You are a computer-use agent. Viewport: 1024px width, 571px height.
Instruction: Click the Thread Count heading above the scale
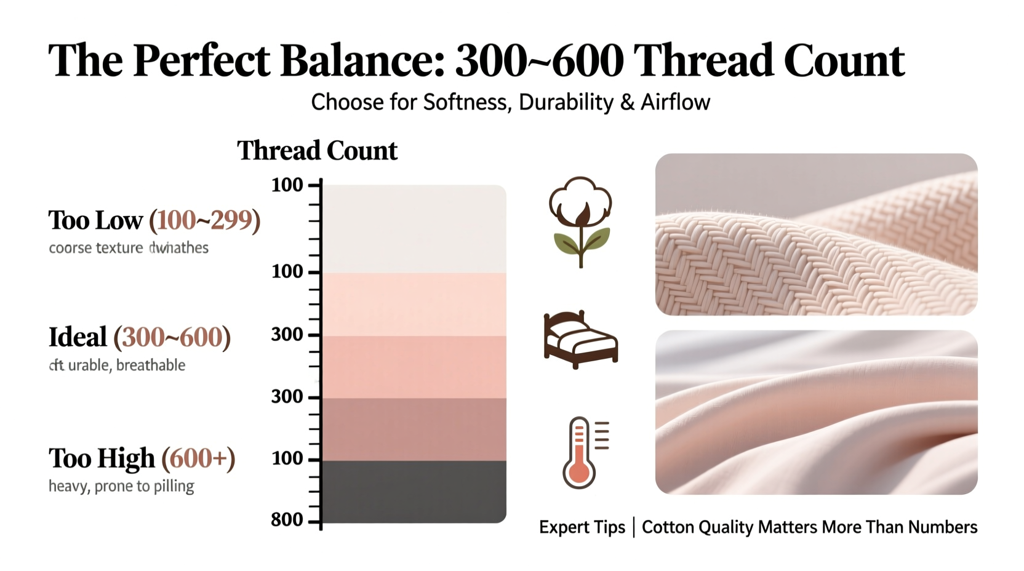[317, 151]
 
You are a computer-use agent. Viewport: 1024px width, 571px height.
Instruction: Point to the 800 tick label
[287, 520]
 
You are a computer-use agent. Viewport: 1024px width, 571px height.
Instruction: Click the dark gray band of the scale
[414, 492]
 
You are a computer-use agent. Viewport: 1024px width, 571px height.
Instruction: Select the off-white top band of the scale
[414, 228]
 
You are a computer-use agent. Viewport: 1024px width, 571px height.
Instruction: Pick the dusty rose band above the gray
[414, 429]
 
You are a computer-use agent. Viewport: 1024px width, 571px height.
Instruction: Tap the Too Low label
[95, 220]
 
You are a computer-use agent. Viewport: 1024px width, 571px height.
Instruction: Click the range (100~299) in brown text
[205, 220]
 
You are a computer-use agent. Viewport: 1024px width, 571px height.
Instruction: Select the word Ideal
[78, 337]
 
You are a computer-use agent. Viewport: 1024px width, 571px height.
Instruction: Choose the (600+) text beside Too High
[198, 458]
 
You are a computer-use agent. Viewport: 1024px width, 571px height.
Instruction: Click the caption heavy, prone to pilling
[121, 486]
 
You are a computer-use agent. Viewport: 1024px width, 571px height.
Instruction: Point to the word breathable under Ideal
[150, 365]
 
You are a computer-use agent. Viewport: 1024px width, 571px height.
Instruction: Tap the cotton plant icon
[580, 222]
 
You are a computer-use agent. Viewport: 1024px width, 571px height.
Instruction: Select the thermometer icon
[584, 452]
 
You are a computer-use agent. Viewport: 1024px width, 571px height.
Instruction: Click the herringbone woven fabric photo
[816, 234]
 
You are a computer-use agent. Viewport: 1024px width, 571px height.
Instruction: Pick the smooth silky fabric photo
[816, 412]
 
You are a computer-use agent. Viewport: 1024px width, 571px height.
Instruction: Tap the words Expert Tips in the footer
[582, 527]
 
